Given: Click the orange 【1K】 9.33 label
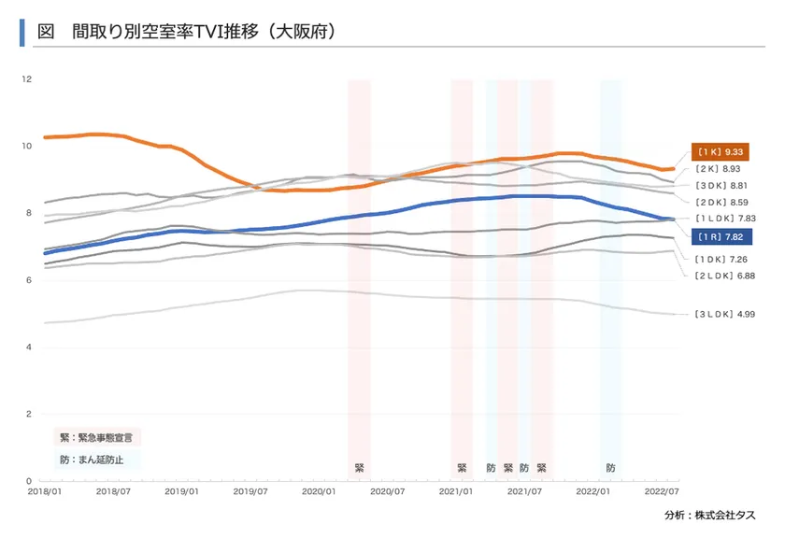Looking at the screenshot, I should point(721,151).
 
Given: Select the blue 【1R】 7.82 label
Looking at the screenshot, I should point(721,236).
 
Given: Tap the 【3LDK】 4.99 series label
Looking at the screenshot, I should point(724,314).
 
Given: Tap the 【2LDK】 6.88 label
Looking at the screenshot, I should point(724,276).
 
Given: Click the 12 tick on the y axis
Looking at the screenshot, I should point(27,78).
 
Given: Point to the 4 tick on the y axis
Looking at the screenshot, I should point(29,347).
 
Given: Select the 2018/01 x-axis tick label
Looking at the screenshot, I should point(45,489).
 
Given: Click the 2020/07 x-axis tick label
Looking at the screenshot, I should point(387,489).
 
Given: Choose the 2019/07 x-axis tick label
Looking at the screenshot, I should point(250,489).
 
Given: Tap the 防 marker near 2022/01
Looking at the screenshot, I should point(611,467).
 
